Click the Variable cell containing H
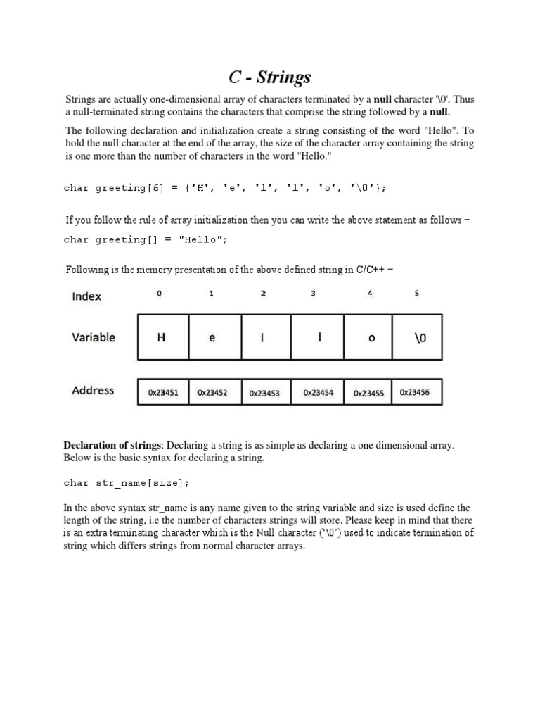[x=161, y=338]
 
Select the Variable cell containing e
[x=212, y=338]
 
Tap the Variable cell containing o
[x=371, y=338]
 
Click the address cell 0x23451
[x=162, y=394]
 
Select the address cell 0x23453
[x=264, y=394]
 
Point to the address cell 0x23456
[x=415, y=393]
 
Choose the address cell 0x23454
[x=319, y=393]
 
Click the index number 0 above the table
[x=159, y=294]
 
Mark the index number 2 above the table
[x=263, y=294]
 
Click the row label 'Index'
[x=86, y=296]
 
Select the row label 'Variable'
[x=94, y=337]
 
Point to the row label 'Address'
[x=93, y=390]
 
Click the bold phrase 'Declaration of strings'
[x=112, y=445]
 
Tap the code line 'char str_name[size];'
[x=127, y=483]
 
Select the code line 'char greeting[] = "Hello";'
[x=146, y=239]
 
